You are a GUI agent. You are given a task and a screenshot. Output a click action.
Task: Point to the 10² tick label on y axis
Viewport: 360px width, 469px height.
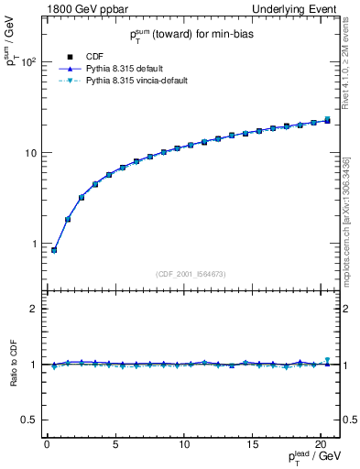(28, 62)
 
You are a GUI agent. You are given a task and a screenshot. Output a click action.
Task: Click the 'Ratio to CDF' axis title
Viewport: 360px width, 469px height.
(11, 364)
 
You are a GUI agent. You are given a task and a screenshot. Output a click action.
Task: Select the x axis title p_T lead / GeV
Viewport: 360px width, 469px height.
(307, 458)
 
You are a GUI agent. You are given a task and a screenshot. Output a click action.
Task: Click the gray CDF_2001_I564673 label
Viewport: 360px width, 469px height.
(191, 273)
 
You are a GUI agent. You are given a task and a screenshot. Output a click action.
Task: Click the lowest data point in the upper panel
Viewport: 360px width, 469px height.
(54, 250)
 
